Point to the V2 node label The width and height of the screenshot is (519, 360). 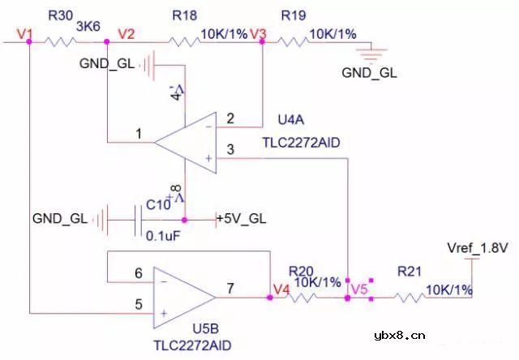tap(127, 33)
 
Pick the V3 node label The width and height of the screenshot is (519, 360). tap(259, 33)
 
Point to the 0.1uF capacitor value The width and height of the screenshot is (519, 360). tap(161, 236)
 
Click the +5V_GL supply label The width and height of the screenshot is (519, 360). tap(242, 219)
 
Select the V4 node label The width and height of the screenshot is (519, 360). tap(281, 288)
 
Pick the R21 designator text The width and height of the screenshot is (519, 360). tap(410, 272)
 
